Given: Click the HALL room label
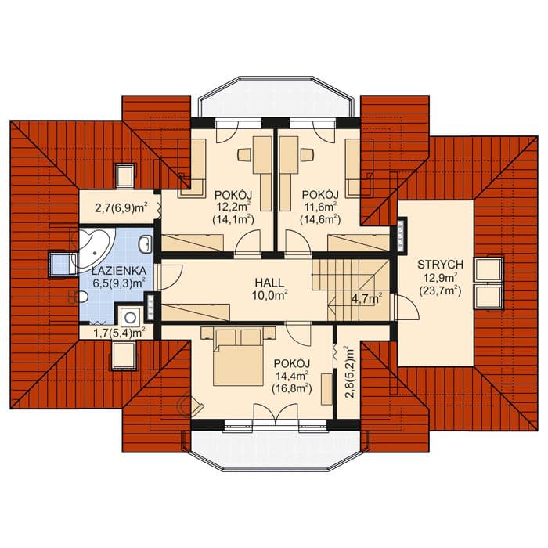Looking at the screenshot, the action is [269, 283].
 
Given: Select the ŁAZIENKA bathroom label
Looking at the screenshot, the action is [119, 271].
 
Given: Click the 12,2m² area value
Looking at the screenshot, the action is [233, 207].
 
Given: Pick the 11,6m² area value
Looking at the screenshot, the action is [320, 207].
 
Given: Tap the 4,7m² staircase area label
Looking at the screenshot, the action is [366, 298].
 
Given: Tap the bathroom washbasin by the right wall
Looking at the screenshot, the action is [145, 243].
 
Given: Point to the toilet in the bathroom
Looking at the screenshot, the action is [79, 297].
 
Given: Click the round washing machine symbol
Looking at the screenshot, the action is [131, 317].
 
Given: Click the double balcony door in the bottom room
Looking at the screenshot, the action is [276, 414].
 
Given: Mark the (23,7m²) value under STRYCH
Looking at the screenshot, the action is [440, 290].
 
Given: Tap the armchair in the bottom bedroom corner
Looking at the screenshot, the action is [189, 406].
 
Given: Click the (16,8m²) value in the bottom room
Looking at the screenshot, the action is [292, 388].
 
